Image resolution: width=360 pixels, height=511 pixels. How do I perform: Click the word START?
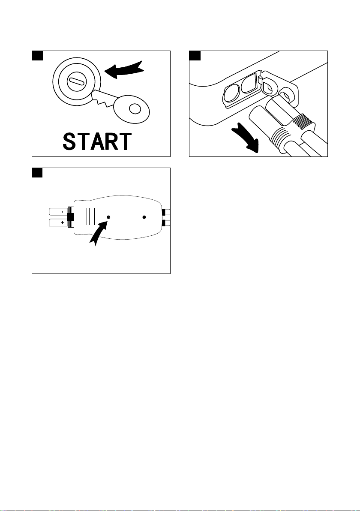(97, 141)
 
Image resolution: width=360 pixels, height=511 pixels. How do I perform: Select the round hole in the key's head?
(135, 108)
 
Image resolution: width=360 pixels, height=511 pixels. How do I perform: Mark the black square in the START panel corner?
(37, 56)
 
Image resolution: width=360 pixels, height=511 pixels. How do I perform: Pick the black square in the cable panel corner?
(195, 56)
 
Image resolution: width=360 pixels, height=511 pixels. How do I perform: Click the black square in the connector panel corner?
(37, 173)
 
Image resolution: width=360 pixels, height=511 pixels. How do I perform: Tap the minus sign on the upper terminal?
(62, 212)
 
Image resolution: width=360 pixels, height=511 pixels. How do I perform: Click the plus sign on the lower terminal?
(62, 223)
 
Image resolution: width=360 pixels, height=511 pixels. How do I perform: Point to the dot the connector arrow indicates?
(108, 217)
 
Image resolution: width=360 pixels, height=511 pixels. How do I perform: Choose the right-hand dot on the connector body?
(144, 217)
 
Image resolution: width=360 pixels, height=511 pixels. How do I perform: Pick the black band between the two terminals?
(70, 217)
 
